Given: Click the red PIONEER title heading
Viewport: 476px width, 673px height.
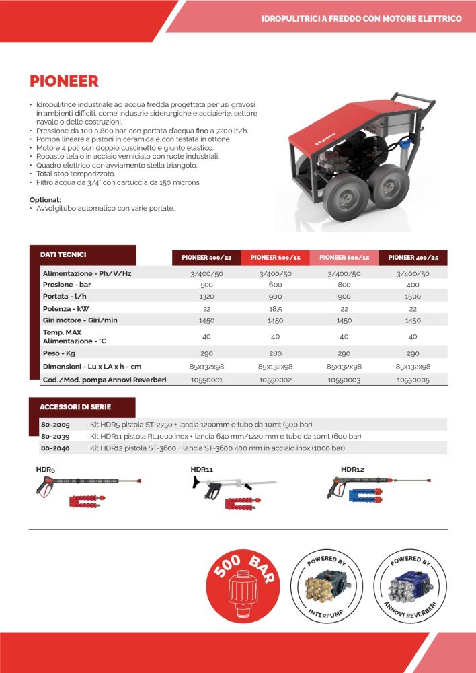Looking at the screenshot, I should (x=64, y=81).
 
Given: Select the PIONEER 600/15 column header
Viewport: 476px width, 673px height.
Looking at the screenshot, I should (x=276, y=257).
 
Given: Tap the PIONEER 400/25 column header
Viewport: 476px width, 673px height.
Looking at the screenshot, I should (x=413, y=257).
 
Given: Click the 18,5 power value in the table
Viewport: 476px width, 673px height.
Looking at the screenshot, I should (x=276, y=308).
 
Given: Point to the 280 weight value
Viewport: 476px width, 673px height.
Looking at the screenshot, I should (x=276, y=352).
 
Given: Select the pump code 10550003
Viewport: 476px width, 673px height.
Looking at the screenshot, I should (x=344, y=380).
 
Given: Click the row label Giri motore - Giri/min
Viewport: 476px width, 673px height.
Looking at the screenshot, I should (x=80, y=320).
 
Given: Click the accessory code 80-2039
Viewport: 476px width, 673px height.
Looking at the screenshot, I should (x=54, y=436).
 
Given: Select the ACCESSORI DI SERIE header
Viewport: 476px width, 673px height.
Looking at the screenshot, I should (x=75, y=407).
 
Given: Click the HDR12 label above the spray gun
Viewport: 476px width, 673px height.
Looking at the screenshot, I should (x=352, y=469).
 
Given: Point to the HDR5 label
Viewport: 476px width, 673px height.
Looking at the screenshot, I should (x=45, y=469).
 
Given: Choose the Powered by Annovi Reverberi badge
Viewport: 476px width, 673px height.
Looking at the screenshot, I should (x=410, y=583).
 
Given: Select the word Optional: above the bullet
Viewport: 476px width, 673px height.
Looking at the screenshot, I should (x=45, y=200).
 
